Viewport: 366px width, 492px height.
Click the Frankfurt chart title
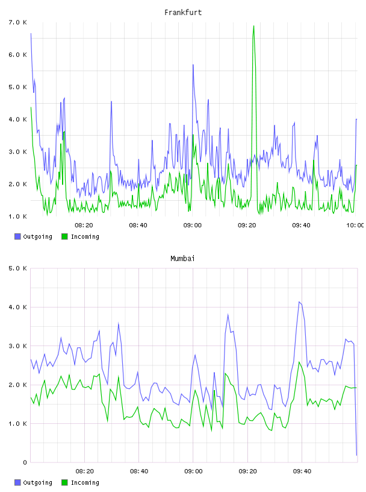point(183,13)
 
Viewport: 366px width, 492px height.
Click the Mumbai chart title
point(182,259)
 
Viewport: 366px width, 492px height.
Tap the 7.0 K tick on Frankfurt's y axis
point(18,22)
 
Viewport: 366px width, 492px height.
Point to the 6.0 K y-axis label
point(18,55)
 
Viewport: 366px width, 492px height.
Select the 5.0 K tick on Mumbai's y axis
point(18,268)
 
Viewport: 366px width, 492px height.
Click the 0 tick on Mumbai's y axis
point(25,462)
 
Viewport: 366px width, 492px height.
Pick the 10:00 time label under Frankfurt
point(355,225)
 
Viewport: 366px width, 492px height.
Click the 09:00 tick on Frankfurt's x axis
point(193,225)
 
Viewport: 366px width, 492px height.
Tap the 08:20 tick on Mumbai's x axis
point(85,471)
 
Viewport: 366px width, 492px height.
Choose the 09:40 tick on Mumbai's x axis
point(302,471)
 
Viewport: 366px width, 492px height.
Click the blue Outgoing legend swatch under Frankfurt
point(17,236)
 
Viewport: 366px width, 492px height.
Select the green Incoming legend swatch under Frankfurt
point(64,236)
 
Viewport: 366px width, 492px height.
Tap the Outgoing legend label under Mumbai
point(37,482)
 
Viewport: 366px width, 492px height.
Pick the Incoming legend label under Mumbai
point(85,482)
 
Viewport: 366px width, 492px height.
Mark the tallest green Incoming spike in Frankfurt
point(253,26)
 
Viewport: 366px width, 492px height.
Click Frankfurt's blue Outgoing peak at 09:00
point(193,65)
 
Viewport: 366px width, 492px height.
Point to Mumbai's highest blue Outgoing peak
point(299,302)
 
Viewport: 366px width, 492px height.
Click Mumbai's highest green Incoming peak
point(299,362)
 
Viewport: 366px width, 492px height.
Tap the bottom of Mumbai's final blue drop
point(356,455)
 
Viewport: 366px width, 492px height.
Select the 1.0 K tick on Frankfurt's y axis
point(18,216)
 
